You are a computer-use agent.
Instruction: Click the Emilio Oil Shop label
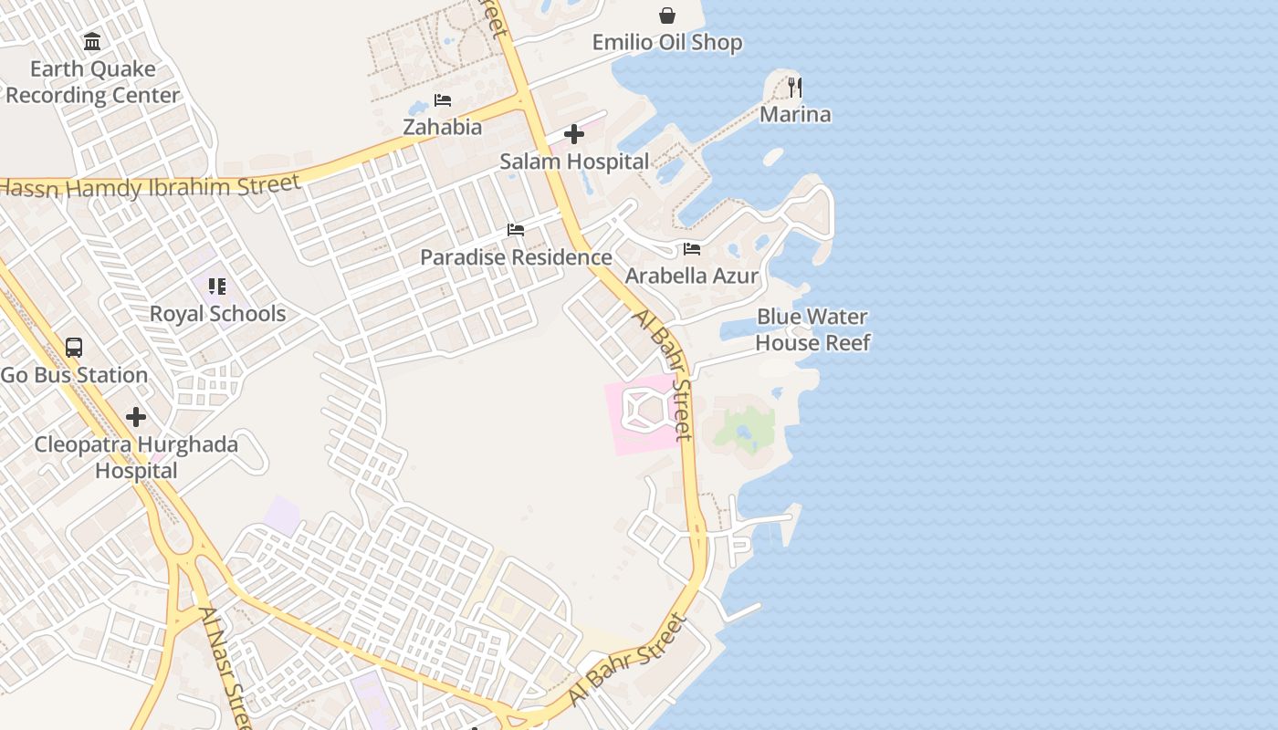point(666,43)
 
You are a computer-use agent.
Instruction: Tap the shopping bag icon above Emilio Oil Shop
point(667,16)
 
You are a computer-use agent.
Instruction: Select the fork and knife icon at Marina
point(795,88)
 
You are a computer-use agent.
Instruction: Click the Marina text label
point(795,114)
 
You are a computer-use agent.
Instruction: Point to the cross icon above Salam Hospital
point(574,135)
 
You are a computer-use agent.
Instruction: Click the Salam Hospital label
point(574,162)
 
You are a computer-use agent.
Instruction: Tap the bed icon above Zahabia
point(443,99)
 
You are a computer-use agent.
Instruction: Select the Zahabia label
point(443,127)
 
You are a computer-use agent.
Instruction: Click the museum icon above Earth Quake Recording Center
point(92,42)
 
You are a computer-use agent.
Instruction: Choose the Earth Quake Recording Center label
point(92,82)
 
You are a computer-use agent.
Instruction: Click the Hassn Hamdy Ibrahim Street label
point(151,186)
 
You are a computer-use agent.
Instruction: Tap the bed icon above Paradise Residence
point(516,230)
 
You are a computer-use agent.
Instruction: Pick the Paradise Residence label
point(516,257)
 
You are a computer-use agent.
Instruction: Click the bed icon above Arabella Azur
point(692,248)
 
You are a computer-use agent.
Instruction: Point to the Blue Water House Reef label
point(812,329)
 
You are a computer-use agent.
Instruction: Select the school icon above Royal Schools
point(217,287)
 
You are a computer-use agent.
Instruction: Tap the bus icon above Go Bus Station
point(74,348)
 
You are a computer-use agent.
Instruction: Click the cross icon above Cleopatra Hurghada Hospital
point(136,418)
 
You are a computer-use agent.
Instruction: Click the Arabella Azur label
point(692,276)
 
